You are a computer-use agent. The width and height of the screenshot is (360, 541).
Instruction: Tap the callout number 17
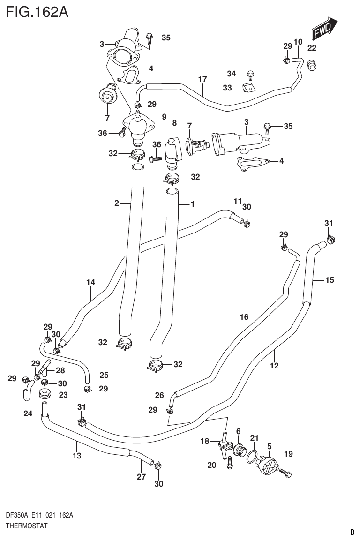pos(202,79)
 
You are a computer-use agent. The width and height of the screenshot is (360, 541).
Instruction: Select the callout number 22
pos(312,48)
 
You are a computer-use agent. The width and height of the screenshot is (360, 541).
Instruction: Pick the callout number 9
pos(164,117)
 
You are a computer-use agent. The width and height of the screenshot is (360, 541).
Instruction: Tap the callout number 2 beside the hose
pos(117,203)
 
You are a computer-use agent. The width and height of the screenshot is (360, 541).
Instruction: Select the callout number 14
pos(90,282)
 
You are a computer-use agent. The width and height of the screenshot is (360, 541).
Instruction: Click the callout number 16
pos(244,317)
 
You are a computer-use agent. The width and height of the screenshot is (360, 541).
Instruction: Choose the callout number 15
pos(330,280)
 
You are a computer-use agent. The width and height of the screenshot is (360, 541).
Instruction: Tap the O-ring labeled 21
pos(253,456)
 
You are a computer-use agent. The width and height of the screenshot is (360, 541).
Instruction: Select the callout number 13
pos(77,455)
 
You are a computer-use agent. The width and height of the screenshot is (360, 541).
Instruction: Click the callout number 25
pos(104,375)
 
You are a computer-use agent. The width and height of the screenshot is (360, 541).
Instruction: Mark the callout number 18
pos(205,441)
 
